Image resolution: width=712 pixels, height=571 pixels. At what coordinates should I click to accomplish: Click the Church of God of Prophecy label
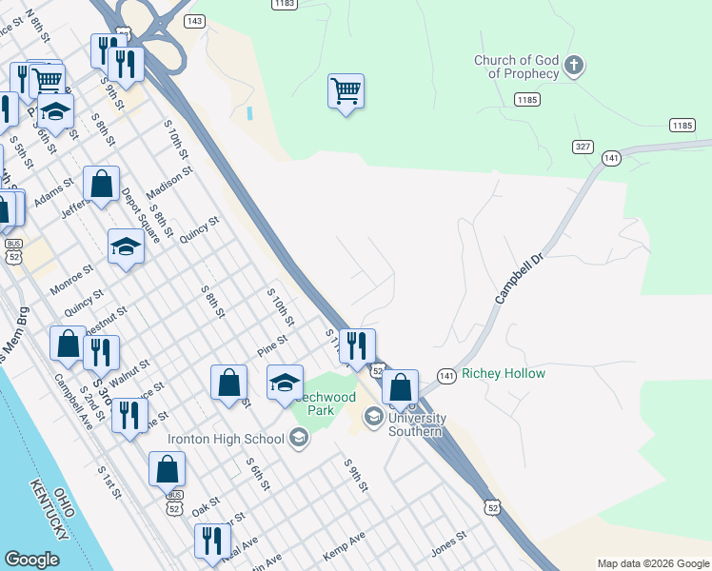[517, 67]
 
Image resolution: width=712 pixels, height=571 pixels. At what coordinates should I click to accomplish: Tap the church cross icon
[573, 66]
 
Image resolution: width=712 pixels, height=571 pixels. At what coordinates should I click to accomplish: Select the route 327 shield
[583, 146]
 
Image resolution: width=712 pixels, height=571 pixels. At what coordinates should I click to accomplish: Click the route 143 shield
[195, 21]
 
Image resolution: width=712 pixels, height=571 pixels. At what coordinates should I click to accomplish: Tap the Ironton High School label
[226, 439]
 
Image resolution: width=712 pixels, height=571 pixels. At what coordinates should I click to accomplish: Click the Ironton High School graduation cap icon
[299, 438]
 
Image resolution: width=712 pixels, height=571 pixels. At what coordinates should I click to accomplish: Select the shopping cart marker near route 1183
[346, 92]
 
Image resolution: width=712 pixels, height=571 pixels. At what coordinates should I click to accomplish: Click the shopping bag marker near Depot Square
[101, 185]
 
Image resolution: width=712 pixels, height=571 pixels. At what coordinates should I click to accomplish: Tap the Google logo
[31, 560]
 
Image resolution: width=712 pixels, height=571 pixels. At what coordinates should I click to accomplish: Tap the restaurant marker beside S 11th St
[357, 346]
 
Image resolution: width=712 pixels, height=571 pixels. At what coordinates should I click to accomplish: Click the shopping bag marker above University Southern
[401, 387]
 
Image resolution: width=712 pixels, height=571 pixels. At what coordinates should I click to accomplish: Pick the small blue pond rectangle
[249, 113]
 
